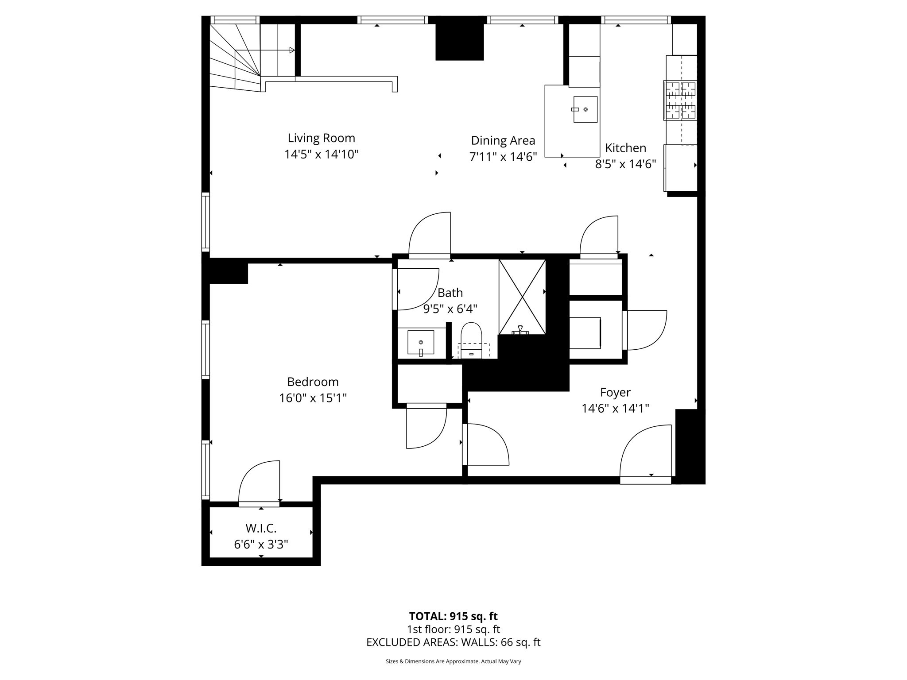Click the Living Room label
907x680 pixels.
[321, 138]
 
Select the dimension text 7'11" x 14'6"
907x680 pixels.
[503, 157]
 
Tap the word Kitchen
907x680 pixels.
[625, 148]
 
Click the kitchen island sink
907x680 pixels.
[585, 109]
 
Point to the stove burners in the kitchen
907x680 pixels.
[680, 100]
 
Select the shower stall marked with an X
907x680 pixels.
[522, 297]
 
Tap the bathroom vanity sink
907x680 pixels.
[420, 342]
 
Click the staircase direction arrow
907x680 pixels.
[291, 50]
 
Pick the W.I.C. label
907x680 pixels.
[261, 528]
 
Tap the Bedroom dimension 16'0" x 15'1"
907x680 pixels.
[313, 398]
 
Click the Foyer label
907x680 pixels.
[615, 392]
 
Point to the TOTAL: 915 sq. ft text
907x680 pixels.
[453, 616]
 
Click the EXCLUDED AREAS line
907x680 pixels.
[453, 642]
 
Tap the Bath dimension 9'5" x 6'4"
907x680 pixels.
[450, 309]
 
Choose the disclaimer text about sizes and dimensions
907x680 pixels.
[453, 661]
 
